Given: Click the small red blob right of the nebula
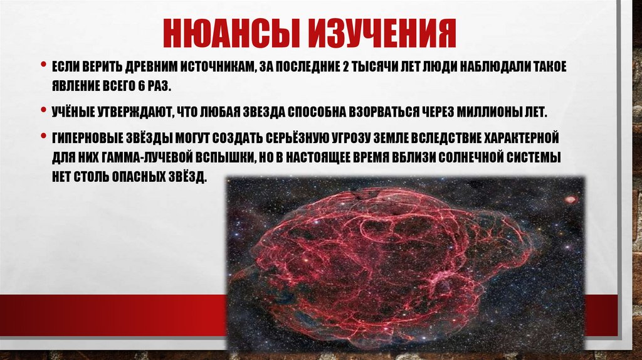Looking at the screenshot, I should [571, 200].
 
